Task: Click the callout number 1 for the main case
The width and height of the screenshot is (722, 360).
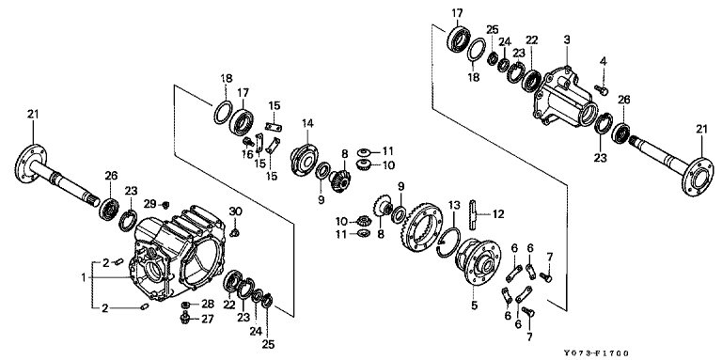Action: [x=84, y=277]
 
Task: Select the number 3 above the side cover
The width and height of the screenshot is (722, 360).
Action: [x=567, y=39]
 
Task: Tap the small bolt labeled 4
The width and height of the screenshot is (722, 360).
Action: [x=601, y=90]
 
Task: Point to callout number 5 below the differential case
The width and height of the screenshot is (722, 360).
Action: [x=474, y=305]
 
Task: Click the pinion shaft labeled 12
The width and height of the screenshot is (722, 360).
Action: [x=474, y=213]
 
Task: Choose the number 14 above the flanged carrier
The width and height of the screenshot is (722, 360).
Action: [x=307, y=123]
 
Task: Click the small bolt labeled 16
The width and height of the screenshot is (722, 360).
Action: [x=248, y=140]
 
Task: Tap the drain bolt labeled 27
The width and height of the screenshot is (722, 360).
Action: [x=185, y=317]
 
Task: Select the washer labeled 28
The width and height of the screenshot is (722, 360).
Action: [x=186, y=305]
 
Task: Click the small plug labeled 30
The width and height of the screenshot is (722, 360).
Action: [x=235, y=232]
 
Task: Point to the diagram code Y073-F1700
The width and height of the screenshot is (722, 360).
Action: [x=596, y=353]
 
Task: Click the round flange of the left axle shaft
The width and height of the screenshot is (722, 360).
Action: [x=30, y=163]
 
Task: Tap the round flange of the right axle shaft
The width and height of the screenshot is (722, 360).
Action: [x=698, y=177]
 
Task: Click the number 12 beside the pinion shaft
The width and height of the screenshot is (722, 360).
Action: [x=497, y=213]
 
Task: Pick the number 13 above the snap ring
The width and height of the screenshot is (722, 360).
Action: [x=454, y=204]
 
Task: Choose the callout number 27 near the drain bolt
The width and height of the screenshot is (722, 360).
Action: [x=208, y=319]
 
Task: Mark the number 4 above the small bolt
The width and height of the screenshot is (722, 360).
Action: [x=604, y=61]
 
